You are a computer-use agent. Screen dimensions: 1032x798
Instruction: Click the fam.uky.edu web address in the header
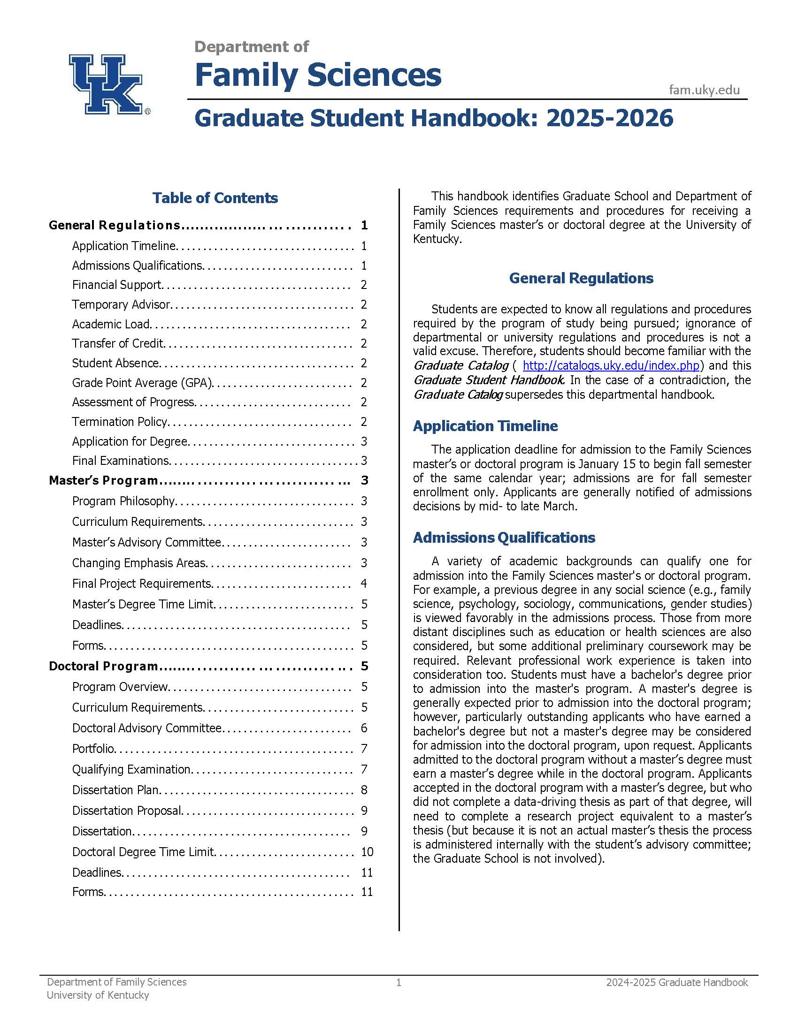[x=704, y=90]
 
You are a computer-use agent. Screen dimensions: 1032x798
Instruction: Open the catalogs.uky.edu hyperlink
[x=611, y=366]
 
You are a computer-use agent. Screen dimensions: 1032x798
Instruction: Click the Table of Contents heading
[x=215, y=198]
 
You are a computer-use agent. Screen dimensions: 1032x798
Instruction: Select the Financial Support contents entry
[x=117, y=285]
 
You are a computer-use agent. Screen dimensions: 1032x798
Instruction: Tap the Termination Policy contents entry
[x=120, y=422]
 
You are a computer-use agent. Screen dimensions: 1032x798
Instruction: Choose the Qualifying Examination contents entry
[x=131, y=769]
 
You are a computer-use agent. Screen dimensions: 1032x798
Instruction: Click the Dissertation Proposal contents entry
[x=127, y=811]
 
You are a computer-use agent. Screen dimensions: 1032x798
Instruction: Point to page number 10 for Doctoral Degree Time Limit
[x=367, y=852]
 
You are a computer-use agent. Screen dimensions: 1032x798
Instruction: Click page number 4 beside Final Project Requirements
[x=363, y=584]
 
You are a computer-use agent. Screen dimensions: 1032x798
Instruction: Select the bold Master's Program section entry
[x=104, y=480]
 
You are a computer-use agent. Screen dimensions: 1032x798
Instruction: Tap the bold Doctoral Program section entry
[x=104, y=666]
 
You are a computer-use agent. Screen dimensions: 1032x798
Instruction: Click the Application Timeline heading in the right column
[x=485, y=426]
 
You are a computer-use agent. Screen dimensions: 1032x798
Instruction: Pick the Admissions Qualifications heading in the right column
[x=504, y=538]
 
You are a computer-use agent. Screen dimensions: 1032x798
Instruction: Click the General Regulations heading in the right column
[x=581, y=278]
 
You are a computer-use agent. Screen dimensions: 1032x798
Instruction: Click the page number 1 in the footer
[x=399, y=983]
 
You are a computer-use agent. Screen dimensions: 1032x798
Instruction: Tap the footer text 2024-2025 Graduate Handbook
[x=677, y=983]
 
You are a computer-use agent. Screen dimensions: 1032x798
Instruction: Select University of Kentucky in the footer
[x=98, y=995]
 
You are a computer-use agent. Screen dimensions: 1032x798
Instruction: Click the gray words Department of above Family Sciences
[x=252, y=47]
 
